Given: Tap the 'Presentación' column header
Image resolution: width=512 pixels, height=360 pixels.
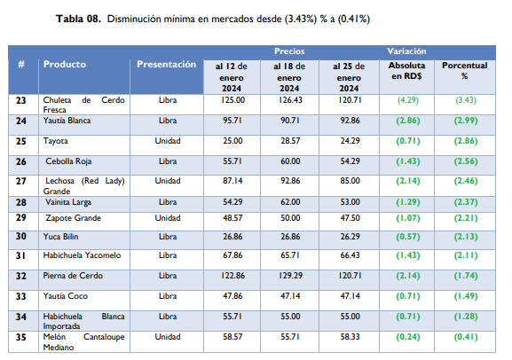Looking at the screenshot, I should point(167,65).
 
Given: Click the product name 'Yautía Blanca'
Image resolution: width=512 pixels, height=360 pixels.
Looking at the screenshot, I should point(69,120).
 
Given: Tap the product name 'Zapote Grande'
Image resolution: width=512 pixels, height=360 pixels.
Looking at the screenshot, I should point(72,217).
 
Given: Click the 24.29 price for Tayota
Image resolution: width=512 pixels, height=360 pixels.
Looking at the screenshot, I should point(348,141).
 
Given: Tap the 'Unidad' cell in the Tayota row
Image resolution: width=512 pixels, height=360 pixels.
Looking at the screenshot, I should point(167,141).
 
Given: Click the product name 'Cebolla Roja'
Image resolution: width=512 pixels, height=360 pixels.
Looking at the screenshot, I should point(69,161).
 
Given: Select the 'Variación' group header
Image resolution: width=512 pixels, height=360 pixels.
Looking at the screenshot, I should point(407,51).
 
